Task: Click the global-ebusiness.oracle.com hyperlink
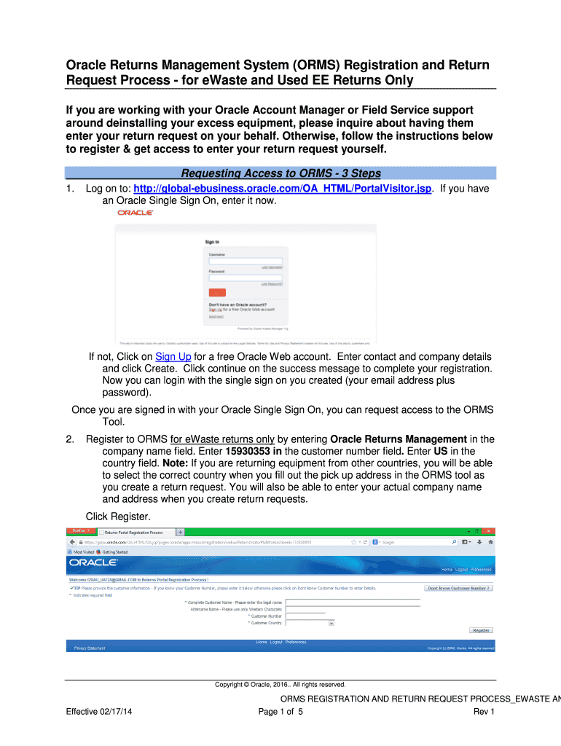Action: tap(289, 189)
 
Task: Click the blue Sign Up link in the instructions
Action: tap(173, 356)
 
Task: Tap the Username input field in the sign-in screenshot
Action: tap(246, 261)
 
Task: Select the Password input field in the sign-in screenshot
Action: tap(246, 278)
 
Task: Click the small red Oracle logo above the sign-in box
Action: tap(136, 213)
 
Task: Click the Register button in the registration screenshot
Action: tap(481, 630)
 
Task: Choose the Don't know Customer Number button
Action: tap(459, 588)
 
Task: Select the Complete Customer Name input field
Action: tap(353, 602)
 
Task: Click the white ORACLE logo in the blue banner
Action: tap(93, 562)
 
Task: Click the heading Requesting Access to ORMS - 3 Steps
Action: tap(280, 173)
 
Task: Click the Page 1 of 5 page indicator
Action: tap(280, 712)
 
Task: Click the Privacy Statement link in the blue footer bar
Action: tap(90, 648)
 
